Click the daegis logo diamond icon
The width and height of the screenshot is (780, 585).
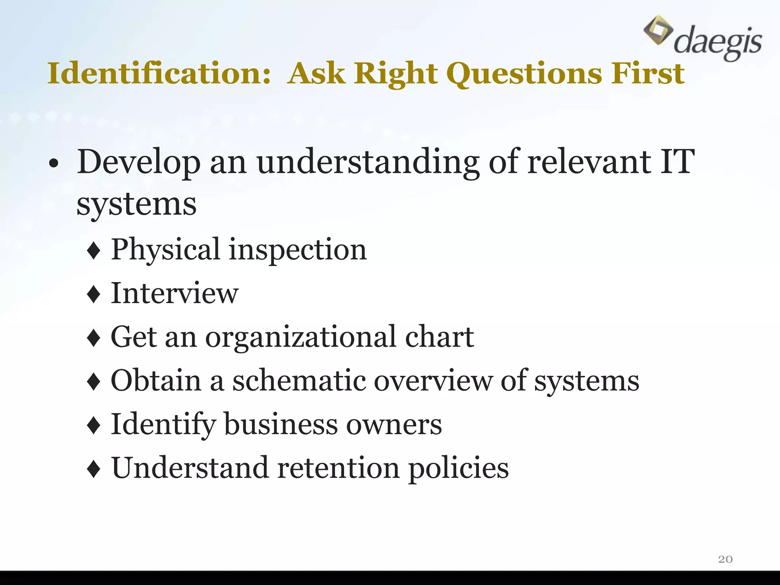658,30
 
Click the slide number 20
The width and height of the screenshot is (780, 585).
725,559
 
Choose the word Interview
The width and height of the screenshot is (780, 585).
174,293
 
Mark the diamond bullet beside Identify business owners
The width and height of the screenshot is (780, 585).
94,426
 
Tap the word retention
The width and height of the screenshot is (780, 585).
339,468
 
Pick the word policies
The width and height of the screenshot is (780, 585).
459,469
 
